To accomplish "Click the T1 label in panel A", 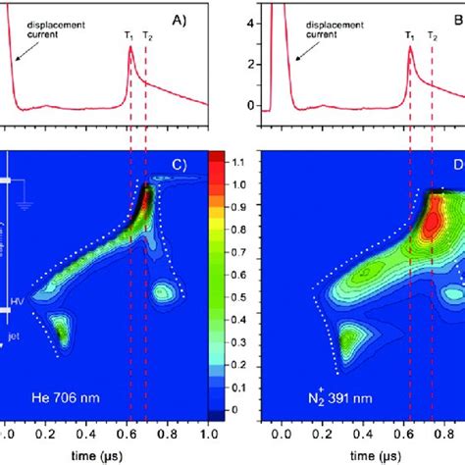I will click(129, 35).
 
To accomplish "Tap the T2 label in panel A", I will click(148, 35).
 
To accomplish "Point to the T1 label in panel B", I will click(409, 35).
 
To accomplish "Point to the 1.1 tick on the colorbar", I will click(240, 160).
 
